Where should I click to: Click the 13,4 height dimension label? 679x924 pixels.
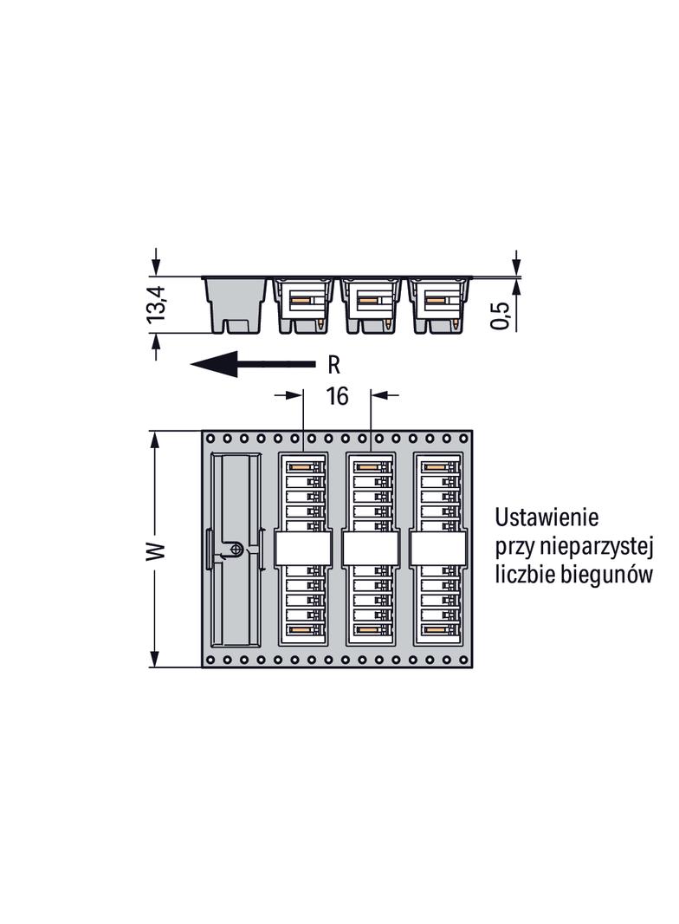pyautogui.click(x=158, y=304)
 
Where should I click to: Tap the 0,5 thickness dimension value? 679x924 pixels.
pyautogui.click(x=500, y=316)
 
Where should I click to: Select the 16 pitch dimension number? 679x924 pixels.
pyautogui.click(x=337, y=396)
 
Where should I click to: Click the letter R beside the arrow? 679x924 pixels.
pyautogui.click(x=334, y=366)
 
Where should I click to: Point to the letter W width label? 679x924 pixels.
pyautogui.click(x=156, y=550)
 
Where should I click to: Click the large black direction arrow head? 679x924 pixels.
pyautogui.click(x=214, y=364)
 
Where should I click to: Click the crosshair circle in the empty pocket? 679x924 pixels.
pyautogui.click(x=236, y=550)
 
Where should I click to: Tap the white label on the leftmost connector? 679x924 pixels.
pyautogui.click(x=303, y=550)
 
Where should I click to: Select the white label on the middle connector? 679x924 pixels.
pyautogui.click(x=371, y=550)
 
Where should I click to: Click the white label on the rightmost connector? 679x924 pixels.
pyautogui.click(x=438, y=550)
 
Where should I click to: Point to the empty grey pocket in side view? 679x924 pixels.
pyautogui.click(x=236, y=305)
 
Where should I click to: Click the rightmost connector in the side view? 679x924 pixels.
pyautogui.click(x=438, y=305)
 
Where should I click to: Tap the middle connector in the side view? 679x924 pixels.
pyautogui.click(x=371, y=305)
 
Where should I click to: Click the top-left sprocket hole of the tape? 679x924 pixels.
pyautogui.click(x=210, y=439)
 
